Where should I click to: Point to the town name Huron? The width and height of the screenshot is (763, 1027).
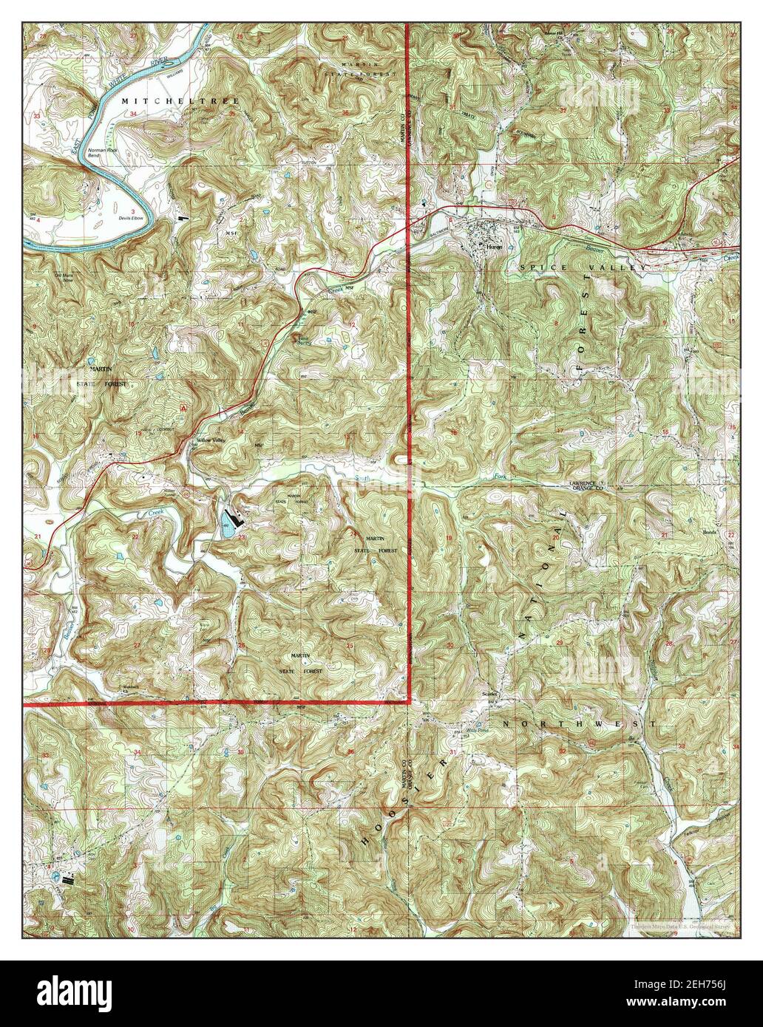493,247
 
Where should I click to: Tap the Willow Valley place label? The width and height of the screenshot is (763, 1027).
209,440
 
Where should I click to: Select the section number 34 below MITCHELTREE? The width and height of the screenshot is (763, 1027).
133,115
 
